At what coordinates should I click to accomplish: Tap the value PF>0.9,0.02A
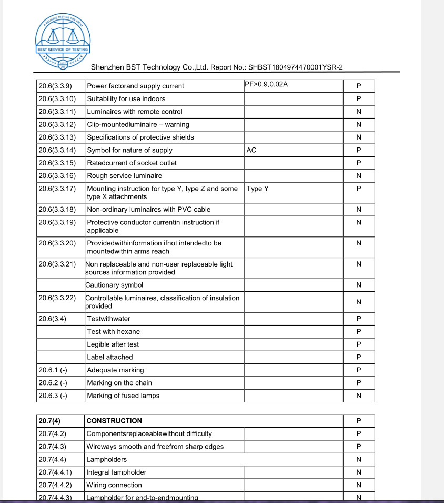coord(267,84)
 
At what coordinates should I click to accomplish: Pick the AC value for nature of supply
coord(251,150)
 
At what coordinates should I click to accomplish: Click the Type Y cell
coord(258,189)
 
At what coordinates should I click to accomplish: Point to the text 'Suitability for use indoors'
coord(126,99)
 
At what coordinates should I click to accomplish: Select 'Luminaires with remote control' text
coord(135,112)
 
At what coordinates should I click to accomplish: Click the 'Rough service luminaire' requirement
coord(125,176)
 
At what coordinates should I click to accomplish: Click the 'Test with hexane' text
coord(114,332)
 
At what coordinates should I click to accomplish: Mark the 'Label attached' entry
coord(110,357)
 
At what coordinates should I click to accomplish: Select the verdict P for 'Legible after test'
coord(359,344)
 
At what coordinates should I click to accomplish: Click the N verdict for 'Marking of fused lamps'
coord(359,396)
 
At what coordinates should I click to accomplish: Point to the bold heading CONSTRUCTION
coord(114,421)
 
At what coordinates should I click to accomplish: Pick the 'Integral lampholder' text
coord(117,472)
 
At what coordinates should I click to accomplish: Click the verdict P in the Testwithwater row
coord(359,319)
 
